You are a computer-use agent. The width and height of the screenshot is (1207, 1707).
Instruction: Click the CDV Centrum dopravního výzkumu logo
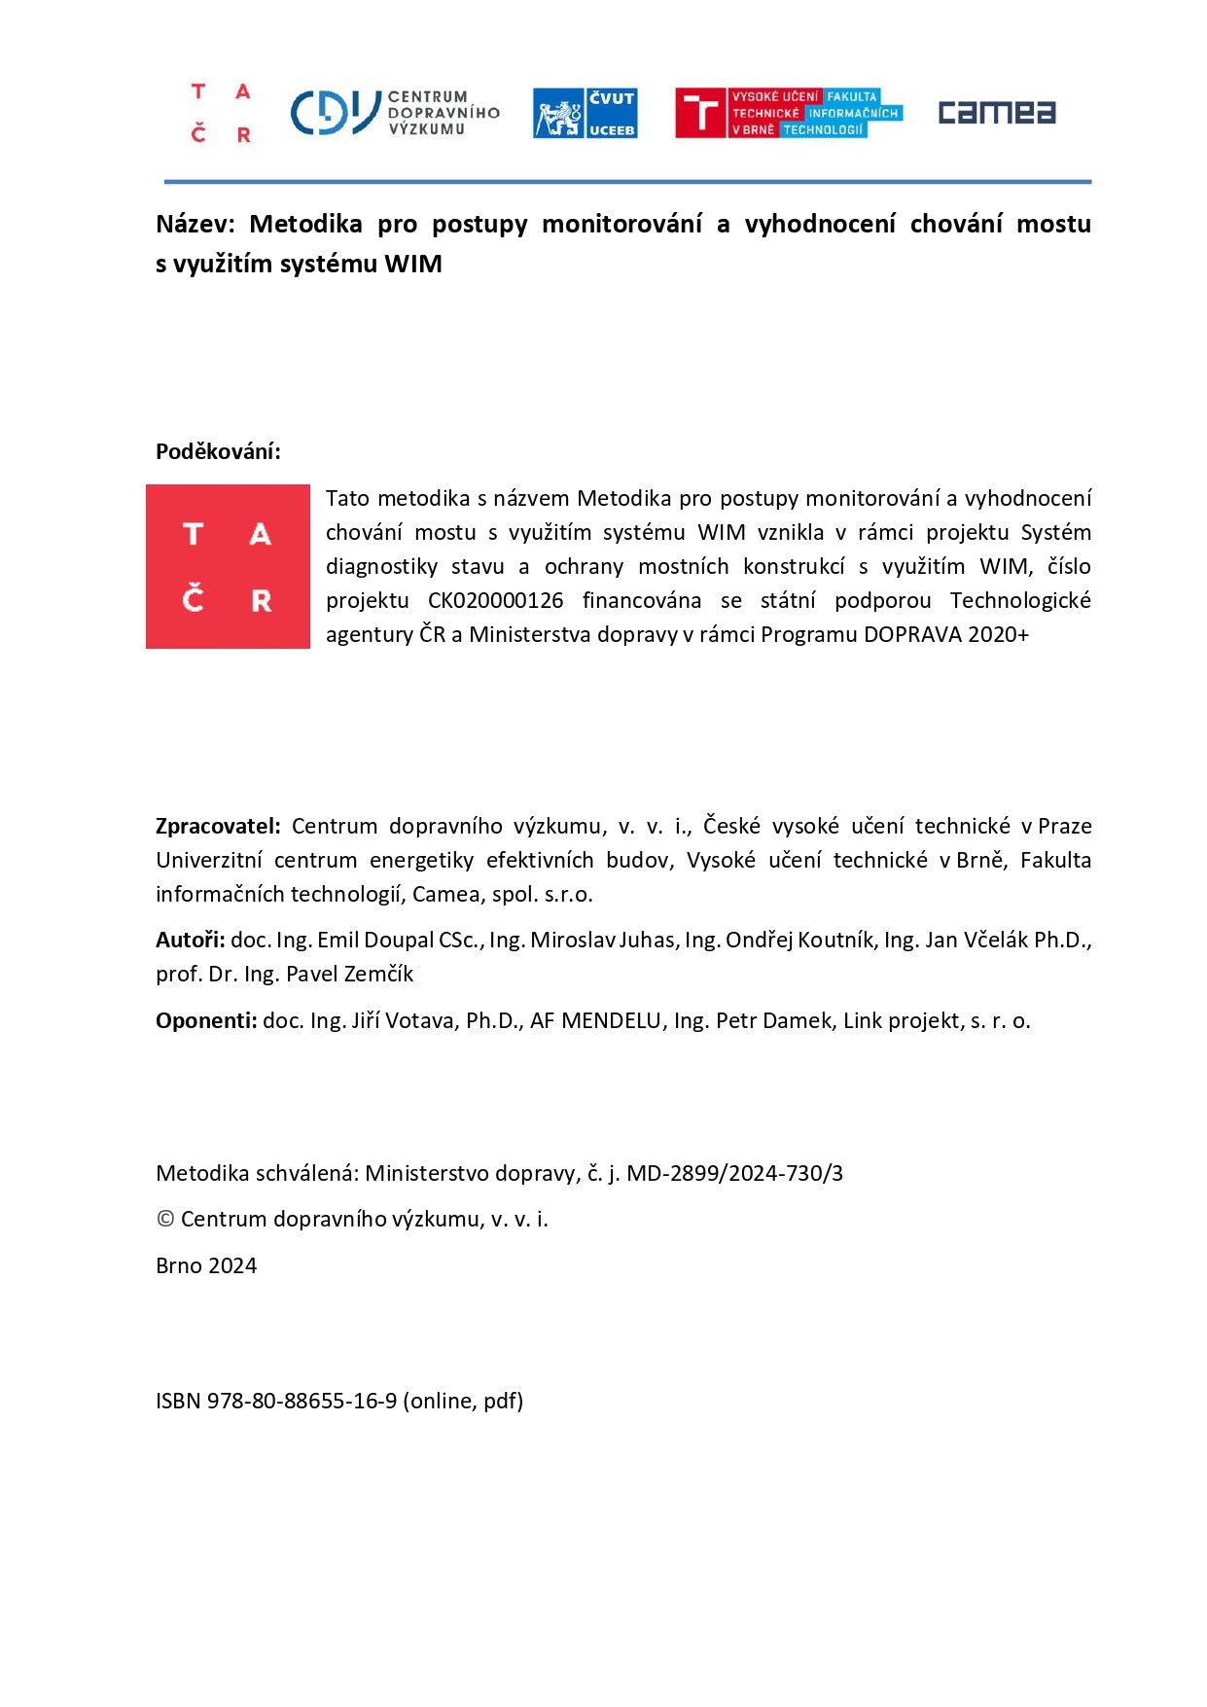pos(394,113)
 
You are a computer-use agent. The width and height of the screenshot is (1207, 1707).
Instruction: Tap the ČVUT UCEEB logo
pos(585,113)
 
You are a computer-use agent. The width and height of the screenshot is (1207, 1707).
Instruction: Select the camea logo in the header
pos(996,113)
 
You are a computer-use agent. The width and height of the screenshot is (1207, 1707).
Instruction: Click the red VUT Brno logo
pos(789,113)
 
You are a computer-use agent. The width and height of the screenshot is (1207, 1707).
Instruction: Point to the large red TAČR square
pos(228,566)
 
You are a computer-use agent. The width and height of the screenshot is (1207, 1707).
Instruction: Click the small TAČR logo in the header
pos(221,113)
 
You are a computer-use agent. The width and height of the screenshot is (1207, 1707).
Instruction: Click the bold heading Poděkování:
pos(218,451)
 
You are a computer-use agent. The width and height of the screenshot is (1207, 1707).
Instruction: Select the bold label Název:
pos(195,225)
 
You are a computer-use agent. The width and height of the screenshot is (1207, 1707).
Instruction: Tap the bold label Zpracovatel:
pos(218,827)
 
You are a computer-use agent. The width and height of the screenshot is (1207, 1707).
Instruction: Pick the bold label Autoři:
pos(190,941)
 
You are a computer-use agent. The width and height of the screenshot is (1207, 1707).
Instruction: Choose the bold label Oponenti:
pos(206,1021)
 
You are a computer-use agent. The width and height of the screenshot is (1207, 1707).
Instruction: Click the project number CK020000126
pos(495,601)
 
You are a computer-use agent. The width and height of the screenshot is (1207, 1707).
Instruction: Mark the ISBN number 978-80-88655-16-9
pos(302,1402)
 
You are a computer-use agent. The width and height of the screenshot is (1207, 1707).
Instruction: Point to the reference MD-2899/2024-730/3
pos(734,1174)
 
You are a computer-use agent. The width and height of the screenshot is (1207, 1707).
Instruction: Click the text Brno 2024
pos(206,1266)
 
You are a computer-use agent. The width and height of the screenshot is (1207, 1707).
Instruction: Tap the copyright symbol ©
pos(165,1220)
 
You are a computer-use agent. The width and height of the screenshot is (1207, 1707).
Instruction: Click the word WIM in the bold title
pos(413,265)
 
